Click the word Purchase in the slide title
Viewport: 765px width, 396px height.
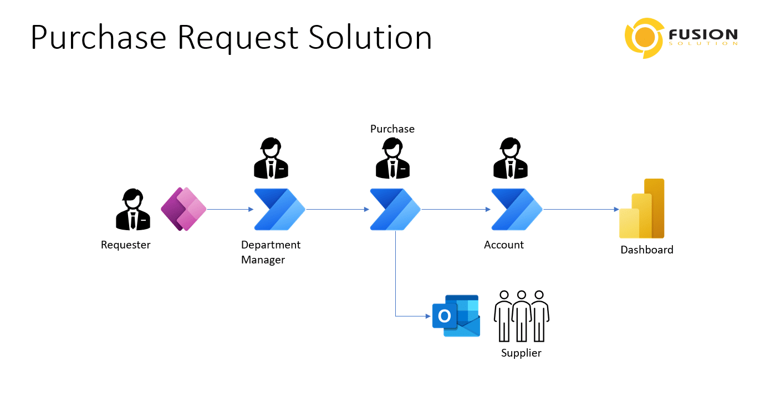pos(98,38)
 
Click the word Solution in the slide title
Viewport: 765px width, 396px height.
pos(370,38)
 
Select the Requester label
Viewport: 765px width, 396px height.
pos(125,245)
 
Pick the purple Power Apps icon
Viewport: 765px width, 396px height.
pos(183,209)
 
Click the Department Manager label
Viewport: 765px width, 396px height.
pos(271,252)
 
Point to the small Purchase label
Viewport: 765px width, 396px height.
pos(392,129)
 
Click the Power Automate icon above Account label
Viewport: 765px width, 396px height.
pos(516,209)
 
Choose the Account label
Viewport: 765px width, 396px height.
pos(503,245)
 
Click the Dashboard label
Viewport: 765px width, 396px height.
pos(646,250)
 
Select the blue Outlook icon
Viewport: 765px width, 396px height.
pos(456,316)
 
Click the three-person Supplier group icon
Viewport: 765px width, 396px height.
pos(521,316)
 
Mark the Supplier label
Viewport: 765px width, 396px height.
pos(521,353)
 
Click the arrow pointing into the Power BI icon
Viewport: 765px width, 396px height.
pos(615,209)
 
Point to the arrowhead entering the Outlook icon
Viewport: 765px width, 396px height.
pos(428,316)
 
